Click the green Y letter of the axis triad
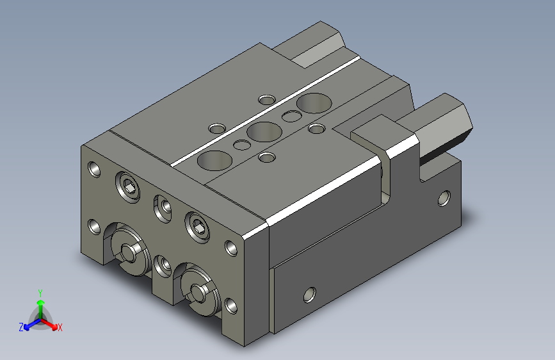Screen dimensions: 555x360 (40, 293)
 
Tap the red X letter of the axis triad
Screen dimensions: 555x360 (60, 327)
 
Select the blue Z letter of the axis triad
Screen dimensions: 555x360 (21, 327)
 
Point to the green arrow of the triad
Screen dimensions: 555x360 (41, 309)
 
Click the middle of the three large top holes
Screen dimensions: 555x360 (264, 131)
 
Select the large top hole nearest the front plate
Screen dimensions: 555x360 (214, 160)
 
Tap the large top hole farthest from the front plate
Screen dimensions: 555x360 (314, 103)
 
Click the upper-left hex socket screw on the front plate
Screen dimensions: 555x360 (127, 186)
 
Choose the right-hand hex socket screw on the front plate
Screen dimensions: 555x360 (197, 227)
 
